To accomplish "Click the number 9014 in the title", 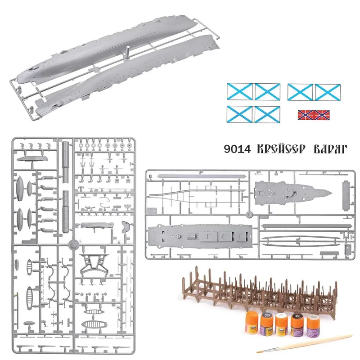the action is coord(238,149).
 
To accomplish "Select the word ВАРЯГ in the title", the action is coord(330,149).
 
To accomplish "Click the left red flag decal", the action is coord(306,115).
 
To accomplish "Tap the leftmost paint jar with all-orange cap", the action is coord(252,323).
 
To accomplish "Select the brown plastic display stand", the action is coord(260,291).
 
